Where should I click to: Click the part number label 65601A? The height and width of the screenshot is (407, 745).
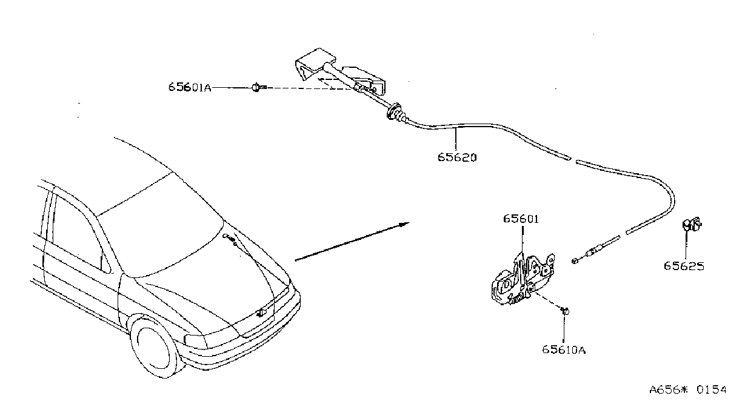click(190, 87)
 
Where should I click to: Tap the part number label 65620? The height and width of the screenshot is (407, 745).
click(457, 157)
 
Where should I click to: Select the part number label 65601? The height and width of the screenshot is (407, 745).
click(521, 219)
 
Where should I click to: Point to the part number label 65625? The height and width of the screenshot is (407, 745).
click(684, 266)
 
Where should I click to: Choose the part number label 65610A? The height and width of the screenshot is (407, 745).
click(564, 349)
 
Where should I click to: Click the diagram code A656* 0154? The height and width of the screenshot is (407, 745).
click(688, 389)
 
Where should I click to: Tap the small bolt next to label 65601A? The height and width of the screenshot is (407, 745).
click(259, 87)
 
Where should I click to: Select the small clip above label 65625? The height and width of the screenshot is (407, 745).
click(692, 224)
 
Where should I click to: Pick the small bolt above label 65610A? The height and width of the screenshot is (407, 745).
click(565, 311)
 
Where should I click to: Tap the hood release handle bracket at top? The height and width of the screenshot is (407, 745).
click(339, 73)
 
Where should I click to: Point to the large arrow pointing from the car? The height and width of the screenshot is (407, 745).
click(352, 242)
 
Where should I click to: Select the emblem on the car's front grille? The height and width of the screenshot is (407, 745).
click(261, 313)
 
